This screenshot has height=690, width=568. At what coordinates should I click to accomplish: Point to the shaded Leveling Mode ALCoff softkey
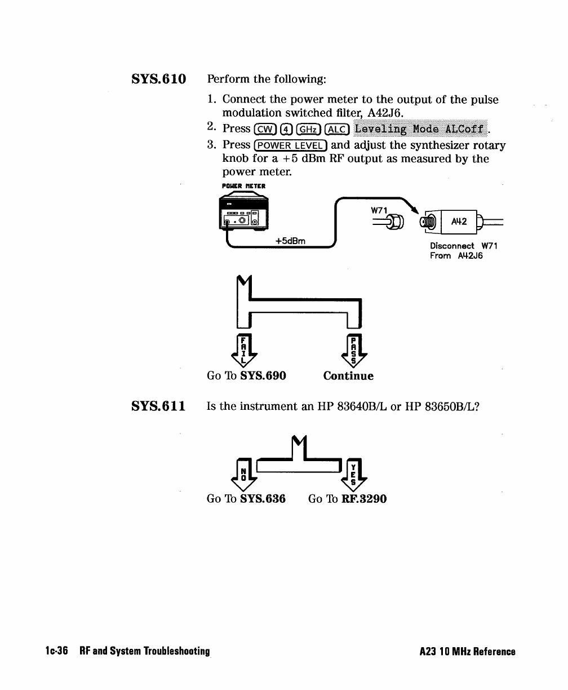point(421,129)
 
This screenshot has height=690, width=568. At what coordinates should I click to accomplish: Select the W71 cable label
point(380,210)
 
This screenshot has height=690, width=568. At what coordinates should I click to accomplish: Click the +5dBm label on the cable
point(290,241)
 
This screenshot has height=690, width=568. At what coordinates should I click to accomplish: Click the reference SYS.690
point(263,376)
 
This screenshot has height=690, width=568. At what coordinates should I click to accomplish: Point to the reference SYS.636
point(263,499)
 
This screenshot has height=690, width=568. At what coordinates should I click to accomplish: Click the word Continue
point(348,376)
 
